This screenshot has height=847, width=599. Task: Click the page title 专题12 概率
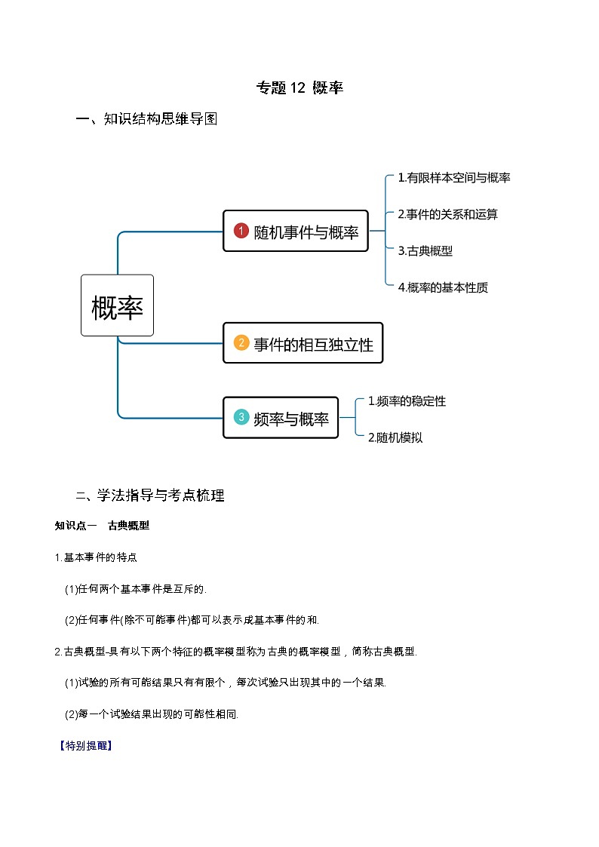pyautogui.click(x=299, y=88)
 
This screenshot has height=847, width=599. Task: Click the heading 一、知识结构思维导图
pyautogui.click(x=147, y=119)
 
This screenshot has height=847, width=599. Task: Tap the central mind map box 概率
pyautogui.click(x=117, y=305)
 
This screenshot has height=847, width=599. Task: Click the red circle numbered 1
pyautogui.click(x=241, y=231)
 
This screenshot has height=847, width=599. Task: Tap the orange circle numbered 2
pyautogui.click(x=241, y=343)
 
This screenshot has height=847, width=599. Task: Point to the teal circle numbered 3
pyautogui.click(x=241, y=417)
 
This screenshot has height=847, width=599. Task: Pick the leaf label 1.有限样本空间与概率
pyautogui.click(x=454, y=178)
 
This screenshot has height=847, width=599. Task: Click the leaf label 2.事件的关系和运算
pyautogui.click(x=447, y=214)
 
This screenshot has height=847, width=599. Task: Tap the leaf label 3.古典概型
pyautogui.click(x=425, y=251)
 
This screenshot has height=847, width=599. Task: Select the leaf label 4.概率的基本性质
pyautogui.click(x=443, y=287)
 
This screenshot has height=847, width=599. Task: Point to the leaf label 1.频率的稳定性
pyautogui.click(x=407, y=401)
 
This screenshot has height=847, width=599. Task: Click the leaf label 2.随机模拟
pyautogui.click(x=395, y=437)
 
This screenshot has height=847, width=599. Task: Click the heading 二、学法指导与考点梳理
pyautogui.click(x=150, y=496)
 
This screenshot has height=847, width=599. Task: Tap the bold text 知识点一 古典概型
pyautogui.click(x=102, y=526)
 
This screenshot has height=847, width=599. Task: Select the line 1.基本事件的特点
pyautogui.click(x=96, y=557)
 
